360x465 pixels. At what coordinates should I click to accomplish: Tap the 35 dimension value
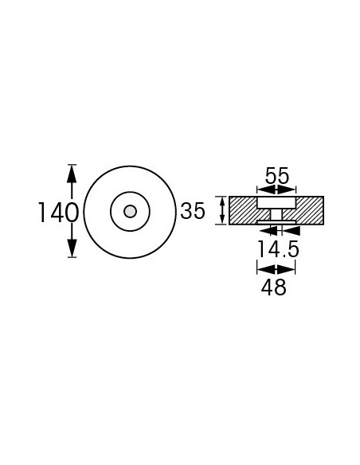coord(193,211)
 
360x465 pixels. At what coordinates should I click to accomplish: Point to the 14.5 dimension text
coord(277,250)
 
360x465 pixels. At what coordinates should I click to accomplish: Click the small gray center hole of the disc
coord(129,211)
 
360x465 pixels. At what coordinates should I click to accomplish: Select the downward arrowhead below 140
coord(72,248)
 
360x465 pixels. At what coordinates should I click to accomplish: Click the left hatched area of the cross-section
coord(242,210)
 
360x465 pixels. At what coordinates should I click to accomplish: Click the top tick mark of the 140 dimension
coord(72,164)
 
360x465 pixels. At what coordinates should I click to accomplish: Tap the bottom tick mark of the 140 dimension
coord(72,257)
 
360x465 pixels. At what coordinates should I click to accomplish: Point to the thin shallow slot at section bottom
coord(276,222)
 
